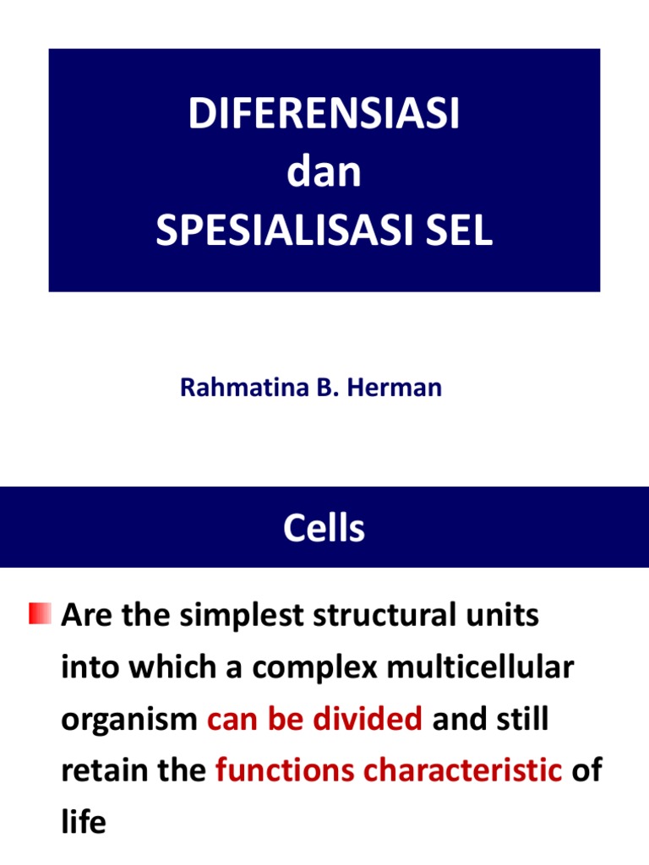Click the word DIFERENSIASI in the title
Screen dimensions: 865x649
324,115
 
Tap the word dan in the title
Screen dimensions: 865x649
324,173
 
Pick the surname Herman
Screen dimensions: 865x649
402,388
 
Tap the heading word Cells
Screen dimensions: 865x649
324,529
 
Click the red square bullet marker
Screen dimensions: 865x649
40,614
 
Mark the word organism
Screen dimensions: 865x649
129,721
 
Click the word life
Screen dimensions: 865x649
83,822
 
